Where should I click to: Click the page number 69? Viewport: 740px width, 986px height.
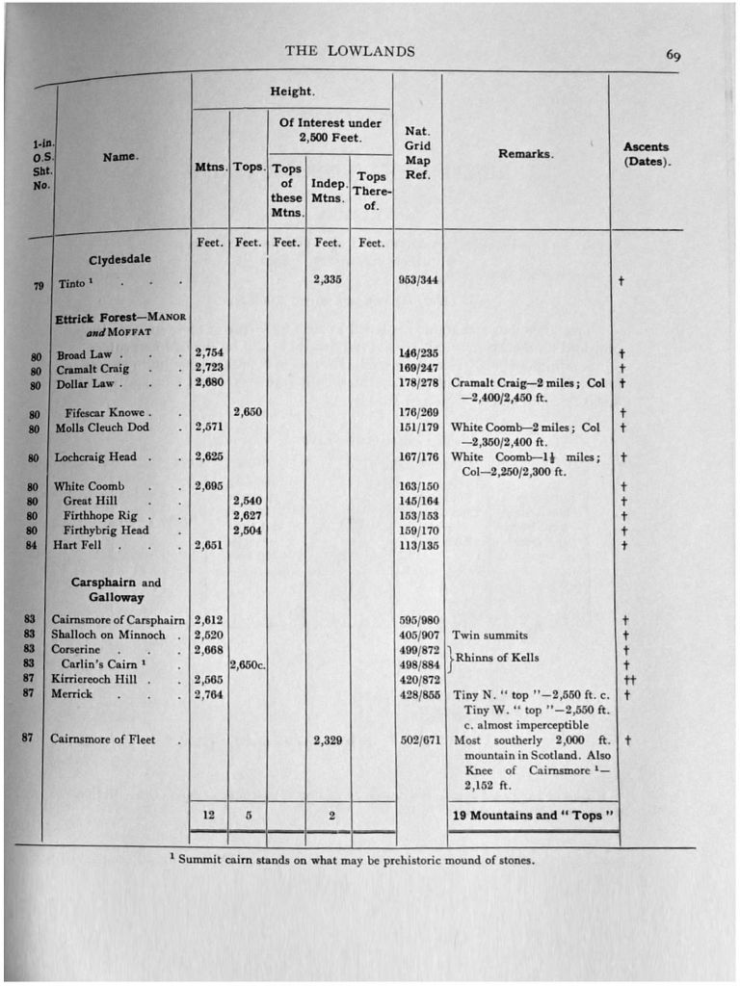click(x=674, y=55)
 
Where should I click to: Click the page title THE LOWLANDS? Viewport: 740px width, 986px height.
click(x=350, y=51)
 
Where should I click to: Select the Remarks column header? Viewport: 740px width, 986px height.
click(x=525, y=154)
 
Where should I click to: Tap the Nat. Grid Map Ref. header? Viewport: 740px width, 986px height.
click(x=417, y=153)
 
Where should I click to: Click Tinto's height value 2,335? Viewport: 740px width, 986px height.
click(x=328, y=280)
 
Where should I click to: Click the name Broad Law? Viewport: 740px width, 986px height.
click(x=85, y=354)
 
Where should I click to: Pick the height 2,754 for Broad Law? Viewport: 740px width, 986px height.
click(x=209, y=353)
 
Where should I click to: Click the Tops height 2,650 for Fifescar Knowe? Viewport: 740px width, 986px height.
click(x=248, y=412)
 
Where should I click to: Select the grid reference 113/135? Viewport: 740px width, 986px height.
click(x=418, y=545)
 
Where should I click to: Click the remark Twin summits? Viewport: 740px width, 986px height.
click(x=490, y=636)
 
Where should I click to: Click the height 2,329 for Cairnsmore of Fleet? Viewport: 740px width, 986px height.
click(x=328, y=740)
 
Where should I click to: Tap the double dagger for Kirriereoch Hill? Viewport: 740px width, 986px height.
click(x=625, y=679)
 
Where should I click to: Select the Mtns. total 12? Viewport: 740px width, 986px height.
click(x=209, y=816)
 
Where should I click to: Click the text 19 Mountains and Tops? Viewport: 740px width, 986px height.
click(x=533, y=816)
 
